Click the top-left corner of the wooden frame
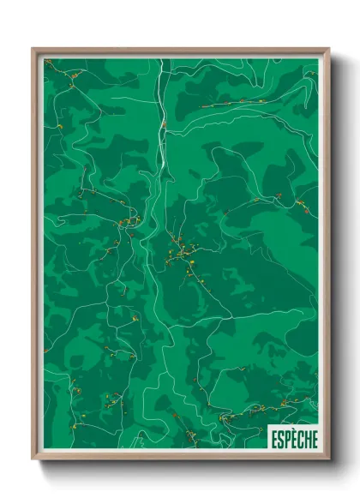[x=33, y=50]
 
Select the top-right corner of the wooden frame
[x=328, y=50]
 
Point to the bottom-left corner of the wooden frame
[x=33, y=459]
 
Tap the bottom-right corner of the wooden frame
[x=328, y=459]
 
